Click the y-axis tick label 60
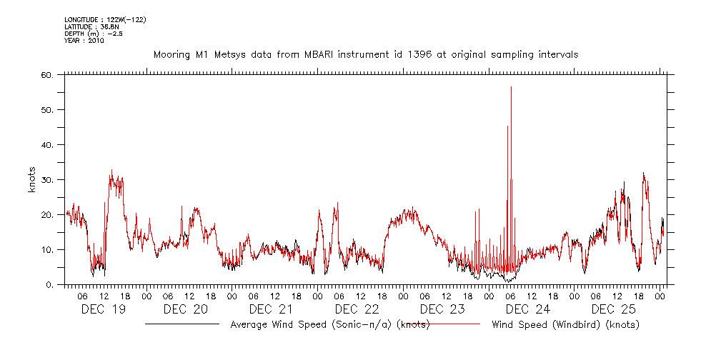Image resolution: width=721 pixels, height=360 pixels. pyautogui.click(x=46, y=74)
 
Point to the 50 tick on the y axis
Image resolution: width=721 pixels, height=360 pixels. pyautogui.click(x=46, y=109)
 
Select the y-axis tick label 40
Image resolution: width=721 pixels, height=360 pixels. pyautogui.click(x=46, y=144)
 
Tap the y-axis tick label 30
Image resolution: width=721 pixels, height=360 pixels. pyautogui.click(x=46, y=179)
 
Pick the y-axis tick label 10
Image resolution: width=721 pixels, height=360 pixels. pyautogui.click(x=46, y=249)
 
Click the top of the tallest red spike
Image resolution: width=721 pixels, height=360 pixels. pyautogui.click(x=511, y=87)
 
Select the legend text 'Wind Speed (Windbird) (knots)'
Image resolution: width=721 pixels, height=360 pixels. pyautogui.click(x=565, y=324)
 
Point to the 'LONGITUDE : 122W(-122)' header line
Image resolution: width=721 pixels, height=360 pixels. pyautogui.click(x=105, y=19)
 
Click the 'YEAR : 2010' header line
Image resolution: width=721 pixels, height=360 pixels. pyautogui.click(x=84, y=41)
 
